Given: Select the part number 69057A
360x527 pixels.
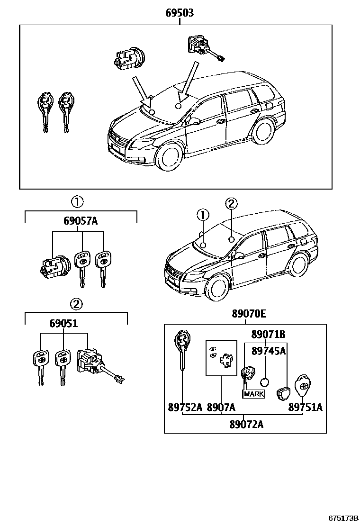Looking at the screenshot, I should [x=81, y=220].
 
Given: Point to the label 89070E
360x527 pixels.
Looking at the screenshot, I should [x=249, y=313].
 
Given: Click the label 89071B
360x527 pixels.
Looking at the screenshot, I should [x=268, y=335].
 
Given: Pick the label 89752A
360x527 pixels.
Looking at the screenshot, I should [x=185, y=407].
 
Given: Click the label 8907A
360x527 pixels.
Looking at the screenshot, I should [x=221, y=407].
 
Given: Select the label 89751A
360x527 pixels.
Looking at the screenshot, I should [x=306, y=407].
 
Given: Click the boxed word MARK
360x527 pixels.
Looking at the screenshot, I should [x=254, y=394].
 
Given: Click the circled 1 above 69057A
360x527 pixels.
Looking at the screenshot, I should [x=77, y=202].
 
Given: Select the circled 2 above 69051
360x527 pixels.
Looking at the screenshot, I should [x=77, y=304].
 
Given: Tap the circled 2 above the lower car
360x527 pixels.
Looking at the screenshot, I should [x=231, y=204].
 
